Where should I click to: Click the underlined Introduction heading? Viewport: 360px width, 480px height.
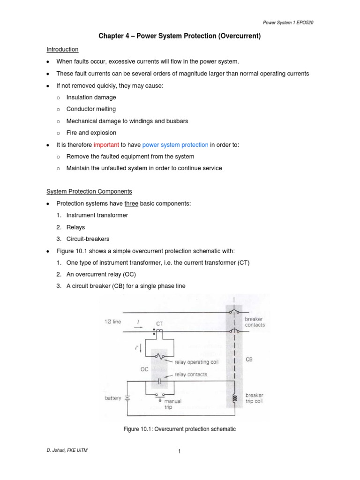click(x=62, y=49)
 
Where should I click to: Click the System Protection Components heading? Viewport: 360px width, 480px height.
click(x=89, y=191)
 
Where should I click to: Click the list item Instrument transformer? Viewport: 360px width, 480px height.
click(x=97, y=215)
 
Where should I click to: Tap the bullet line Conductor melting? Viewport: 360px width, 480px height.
click(x=91, y=109)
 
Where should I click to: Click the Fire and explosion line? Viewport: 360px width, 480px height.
click(x=91, y=133)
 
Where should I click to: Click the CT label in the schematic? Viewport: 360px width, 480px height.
click(x=159, y=323)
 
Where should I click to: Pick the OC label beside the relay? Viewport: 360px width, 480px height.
click(x=144, y=369)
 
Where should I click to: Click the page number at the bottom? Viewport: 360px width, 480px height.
click(x=180, y=451)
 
